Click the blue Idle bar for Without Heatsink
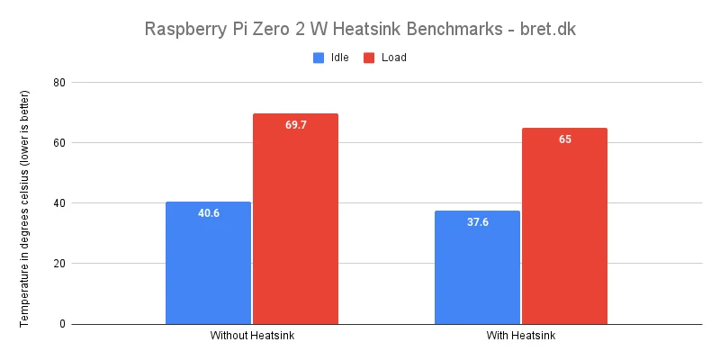tap(208, 263)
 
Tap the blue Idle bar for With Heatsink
tap(477, 267)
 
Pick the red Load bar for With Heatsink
tap(564, 226)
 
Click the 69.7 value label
tap(296, 125)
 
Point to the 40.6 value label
tap(209, 213)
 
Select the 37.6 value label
tap(477, 222)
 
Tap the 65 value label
tap(564, 139)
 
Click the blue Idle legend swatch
tap(318, 58)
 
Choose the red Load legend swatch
tap(369, 58)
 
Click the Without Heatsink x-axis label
tap(252, 337)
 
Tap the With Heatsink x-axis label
tap(520, 337)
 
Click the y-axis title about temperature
tap(26, 207)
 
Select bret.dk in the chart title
tap(544, 29)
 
